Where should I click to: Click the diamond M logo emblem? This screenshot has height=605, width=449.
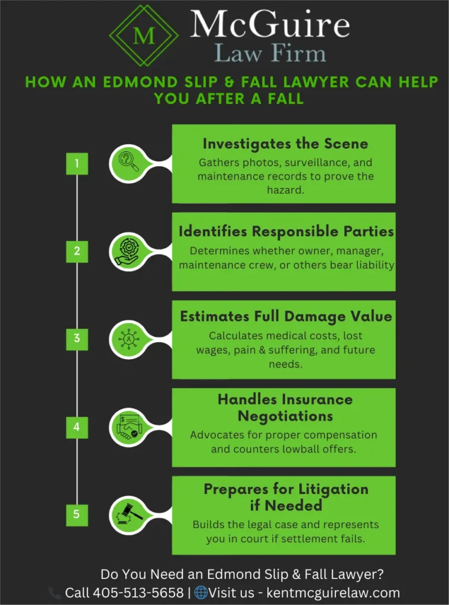point(144,35)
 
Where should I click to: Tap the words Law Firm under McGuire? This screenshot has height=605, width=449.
point(270,54)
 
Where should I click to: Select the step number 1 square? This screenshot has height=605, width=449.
point(76,164)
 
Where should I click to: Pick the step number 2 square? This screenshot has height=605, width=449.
point(76,251)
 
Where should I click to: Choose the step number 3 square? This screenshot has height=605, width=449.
point(76,339)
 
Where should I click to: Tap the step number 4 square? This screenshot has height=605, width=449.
point(76,427)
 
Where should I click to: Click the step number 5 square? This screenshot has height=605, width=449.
point(76,514)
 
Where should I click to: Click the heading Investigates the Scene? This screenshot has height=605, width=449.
point(285,144)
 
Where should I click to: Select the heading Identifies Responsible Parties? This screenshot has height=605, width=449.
point(286,232)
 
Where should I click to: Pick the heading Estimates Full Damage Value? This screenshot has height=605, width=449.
point(286,316)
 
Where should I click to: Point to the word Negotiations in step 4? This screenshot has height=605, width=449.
point(285,416)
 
